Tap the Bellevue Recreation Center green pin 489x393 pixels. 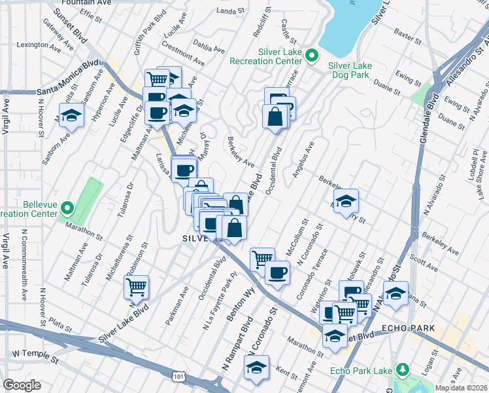(67, 209)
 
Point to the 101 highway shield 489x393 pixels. (178, 376)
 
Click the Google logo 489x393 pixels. (21, 385)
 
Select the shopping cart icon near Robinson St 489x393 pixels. (136, 286)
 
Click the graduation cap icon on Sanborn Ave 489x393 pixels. (72, 115)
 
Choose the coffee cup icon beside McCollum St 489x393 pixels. (277, 272)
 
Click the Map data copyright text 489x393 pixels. (462, 388)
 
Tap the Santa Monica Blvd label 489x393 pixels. (68, 77)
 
